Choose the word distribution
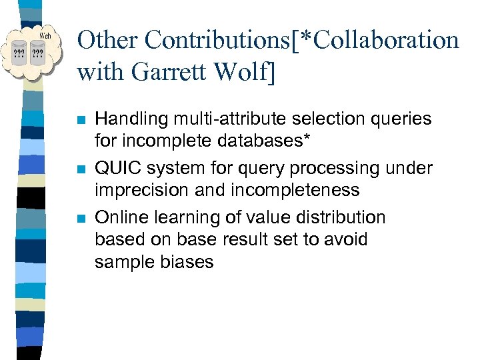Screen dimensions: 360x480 coord(339,218)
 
